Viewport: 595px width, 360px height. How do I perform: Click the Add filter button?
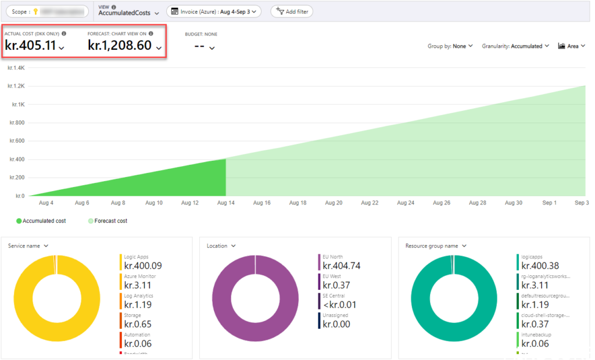pyautogui.click(x=292, y=11)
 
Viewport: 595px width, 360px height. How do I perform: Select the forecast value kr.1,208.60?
pyautogui.click(x=120, y=45)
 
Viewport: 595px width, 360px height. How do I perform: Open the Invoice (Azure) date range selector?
pyautogui.click(x=213, y=11)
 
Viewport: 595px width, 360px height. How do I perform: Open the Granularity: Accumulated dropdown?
pyautogui.click(x=515, y=46)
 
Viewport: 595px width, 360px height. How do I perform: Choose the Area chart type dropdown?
pyautogui.click(x=571, y=46)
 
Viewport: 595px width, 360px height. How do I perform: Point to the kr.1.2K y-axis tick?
pyautogui.click(x=16, y=86)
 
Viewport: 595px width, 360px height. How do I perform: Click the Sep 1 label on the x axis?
pyautogui.click(x=549, y=203)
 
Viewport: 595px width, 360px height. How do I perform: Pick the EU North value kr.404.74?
pyautogui.click(x=342, y=266)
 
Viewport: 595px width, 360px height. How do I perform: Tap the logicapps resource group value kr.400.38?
pyautogui.click(x=540, y=266)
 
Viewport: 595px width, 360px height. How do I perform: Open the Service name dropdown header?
pyautogui.click(x=28, y=246)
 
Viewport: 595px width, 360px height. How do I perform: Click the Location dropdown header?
pyautogui.click(x=221, y=246)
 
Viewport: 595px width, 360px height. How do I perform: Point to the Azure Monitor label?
pyautogui.click(x=140, y=276)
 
